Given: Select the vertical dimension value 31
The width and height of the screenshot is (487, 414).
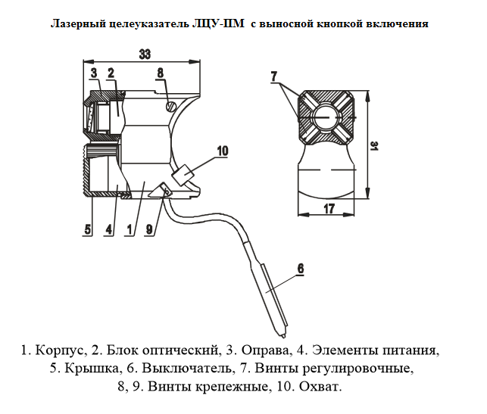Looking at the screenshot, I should (375, 146).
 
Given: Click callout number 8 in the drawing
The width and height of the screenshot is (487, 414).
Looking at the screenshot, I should (160, 73).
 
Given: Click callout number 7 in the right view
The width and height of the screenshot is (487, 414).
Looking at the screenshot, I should (274, 75).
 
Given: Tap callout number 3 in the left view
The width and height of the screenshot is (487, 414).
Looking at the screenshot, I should (93, 73).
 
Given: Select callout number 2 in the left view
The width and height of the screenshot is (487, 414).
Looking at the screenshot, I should (111, 73).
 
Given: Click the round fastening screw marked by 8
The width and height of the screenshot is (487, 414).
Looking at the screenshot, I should (171, 107).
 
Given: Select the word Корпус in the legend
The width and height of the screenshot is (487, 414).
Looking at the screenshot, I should (63, 350).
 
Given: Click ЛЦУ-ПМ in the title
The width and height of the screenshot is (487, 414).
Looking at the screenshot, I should (219, 23).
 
